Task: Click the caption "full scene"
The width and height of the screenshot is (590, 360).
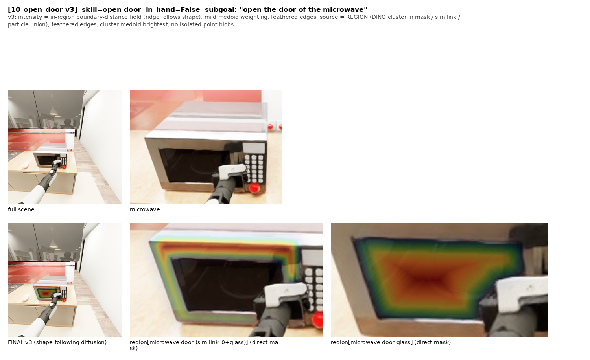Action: (21, 209)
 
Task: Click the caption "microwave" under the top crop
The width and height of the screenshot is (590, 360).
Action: (145, 209)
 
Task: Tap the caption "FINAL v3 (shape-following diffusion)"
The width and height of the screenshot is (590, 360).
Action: (57, 342)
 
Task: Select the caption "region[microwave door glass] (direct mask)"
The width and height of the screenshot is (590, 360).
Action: (391, 342)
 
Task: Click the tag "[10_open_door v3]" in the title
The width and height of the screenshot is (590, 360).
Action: (42, 10)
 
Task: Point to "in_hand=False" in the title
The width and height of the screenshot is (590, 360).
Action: (173, 10)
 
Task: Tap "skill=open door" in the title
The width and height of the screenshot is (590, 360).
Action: (111, 10)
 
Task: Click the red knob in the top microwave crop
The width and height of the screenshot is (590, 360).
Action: (254, 188)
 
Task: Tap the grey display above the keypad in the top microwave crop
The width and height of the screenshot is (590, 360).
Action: (254, 148)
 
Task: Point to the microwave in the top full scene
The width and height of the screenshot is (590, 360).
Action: (50, 159)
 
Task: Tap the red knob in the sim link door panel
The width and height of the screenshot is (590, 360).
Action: (318, 320)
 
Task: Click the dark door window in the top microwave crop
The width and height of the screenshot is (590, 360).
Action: (194, 164)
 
